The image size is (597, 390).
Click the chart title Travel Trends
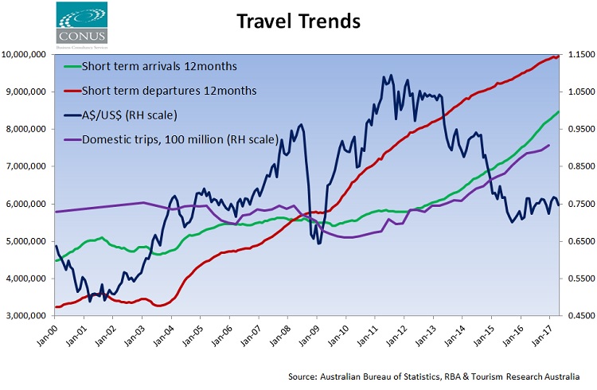click(298, 21)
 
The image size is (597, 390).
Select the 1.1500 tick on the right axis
click(579, 54)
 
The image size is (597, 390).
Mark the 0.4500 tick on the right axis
click(579, 316)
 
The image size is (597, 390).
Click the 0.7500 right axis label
click(579, 204)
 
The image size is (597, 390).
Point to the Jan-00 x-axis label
click(53, 334)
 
